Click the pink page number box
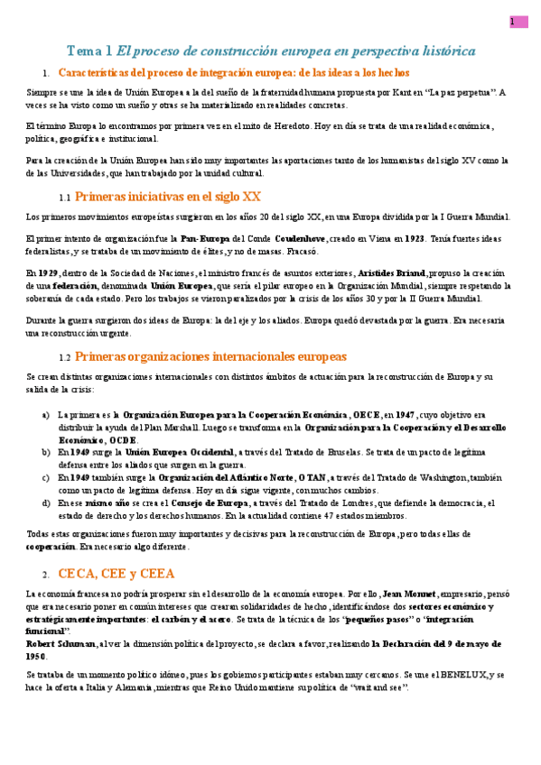tap(518, 22)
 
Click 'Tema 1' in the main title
tap(90, 51)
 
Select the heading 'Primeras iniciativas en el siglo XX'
tap(168, 196)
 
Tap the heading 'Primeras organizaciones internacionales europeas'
tap(210, 356)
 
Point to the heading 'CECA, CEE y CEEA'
tap(117, 573)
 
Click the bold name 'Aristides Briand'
tap(392, 272)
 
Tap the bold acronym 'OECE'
tap(366, 414)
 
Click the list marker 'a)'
tap(46, 414)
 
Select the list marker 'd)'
tap(46, 502)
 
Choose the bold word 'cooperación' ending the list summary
tap(51, 547)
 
